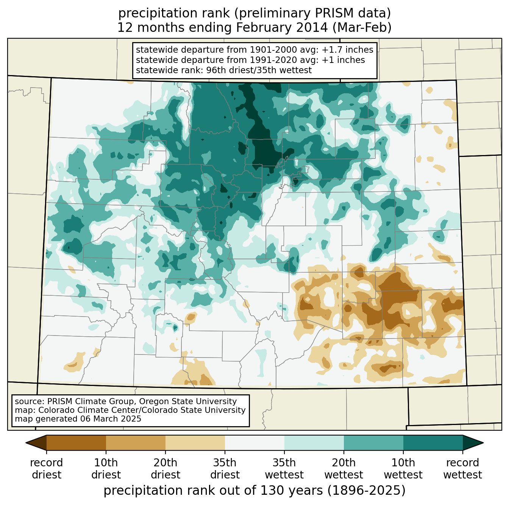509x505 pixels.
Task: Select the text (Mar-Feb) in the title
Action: (x=362, y=28)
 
